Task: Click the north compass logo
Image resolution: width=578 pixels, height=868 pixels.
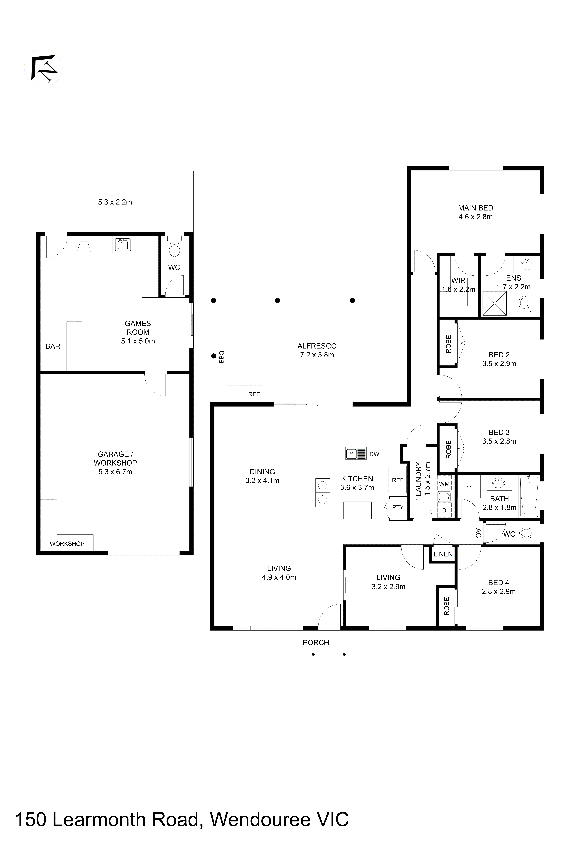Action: pos(43,68)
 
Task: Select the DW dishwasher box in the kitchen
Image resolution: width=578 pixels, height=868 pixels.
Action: pos(374,454)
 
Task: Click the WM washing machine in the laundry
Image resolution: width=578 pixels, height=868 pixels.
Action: pos(444,483)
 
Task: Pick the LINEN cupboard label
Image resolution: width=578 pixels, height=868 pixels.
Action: pos(443,554)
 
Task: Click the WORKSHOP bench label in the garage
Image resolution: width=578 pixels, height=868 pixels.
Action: pos(67,544)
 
